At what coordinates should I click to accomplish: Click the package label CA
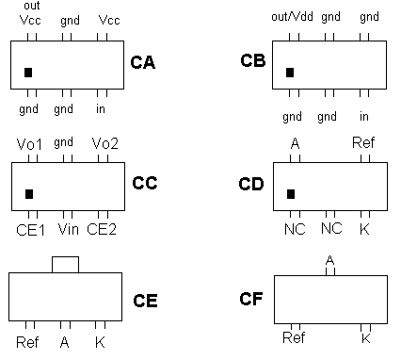coord(142,63)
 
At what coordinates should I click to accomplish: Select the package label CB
coord(252,61)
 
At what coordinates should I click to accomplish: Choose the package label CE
coord(145,302)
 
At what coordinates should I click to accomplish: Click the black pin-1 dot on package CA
coord(28,72)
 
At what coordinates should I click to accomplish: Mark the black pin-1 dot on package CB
coord(290,72)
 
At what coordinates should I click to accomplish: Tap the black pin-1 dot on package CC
coord(28,193)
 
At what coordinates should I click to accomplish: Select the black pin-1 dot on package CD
coord(290,193)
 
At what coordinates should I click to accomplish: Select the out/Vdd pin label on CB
coord(291,17)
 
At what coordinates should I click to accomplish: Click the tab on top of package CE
coord(65,263)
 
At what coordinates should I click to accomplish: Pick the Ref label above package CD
coord(363,142)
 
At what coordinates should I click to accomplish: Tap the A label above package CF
coord(329,259)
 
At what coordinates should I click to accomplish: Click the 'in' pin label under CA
coord(101,109)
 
